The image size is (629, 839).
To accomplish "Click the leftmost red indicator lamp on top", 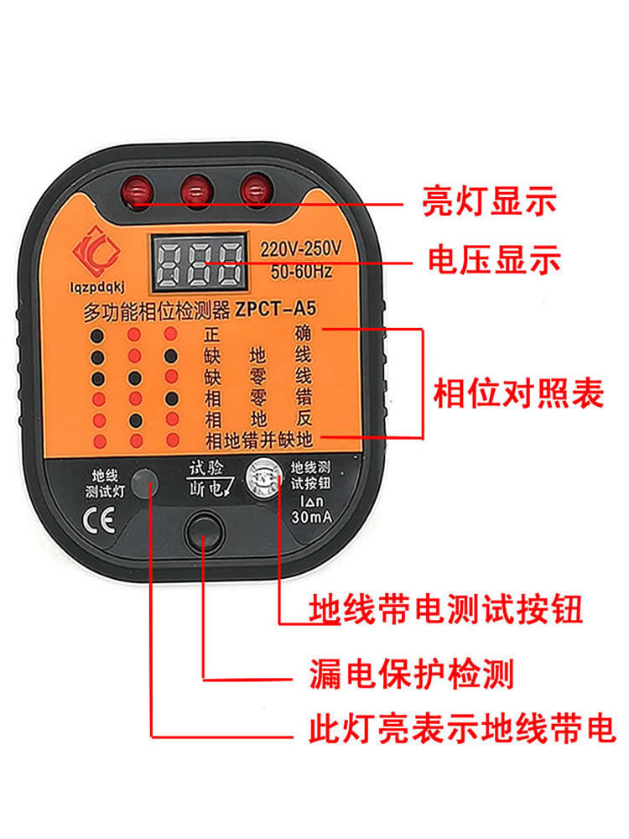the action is (x=138, y=190).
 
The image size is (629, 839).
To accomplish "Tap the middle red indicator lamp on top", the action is (x=197, y=190).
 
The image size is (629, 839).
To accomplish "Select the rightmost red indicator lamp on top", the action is (x=256, y=187).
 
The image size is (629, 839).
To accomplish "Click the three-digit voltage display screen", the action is (x=200, y=263).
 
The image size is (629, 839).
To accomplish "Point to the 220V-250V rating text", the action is (x=300, y=248).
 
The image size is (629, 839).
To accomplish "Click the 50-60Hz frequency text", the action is (x=301, y=271).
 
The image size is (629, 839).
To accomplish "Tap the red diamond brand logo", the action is (x=96, y=252).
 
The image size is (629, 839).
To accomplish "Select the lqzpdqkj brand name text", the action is (x=97, y=287).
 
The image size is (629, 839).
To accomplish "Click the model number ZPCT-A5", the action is (x=276, y=309).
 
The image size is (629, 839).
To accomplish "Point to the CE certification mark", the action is (x=99, y=520).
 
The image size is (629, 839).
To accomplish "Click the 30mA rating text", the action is (x=311, y=516).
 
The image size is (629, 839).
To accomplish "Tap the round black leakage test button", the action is (x=204, y=533).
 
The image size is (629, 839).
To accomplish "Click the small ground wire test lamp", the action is (x=145, y=483).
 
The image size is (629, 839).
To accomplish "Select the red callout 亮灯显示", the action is (x=490, y=201).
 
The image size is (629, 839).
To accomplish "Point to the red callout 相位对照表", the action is (x=517, y=393).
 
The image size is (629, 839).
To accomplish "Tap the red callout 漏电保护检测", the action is (x=411, y=674).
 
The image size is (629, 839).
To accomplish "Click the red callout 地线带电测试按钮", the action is (x=445, y=609).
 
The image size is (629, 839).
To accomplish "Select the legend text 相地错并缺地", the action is (x=259, y=440).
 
